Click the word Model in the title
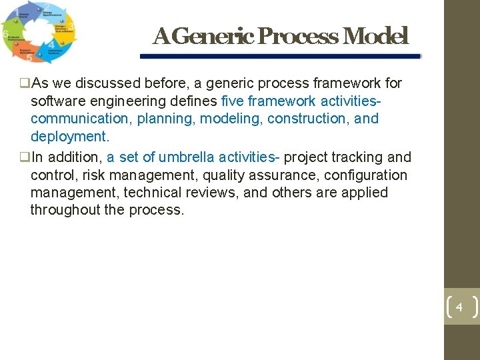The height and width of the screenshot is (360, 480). pos(375,36)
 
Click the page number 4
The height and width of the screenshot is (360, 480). pos(459,307)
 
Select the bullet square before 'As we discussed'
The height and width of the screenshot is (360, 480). pos(25,84)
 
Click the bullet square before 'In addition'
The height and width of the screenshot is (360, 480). pos(25,158)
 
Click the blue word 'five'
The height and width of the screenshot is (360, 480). pos(233,101)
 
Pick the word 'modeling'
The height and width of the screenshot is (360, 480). pos(231,119)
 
